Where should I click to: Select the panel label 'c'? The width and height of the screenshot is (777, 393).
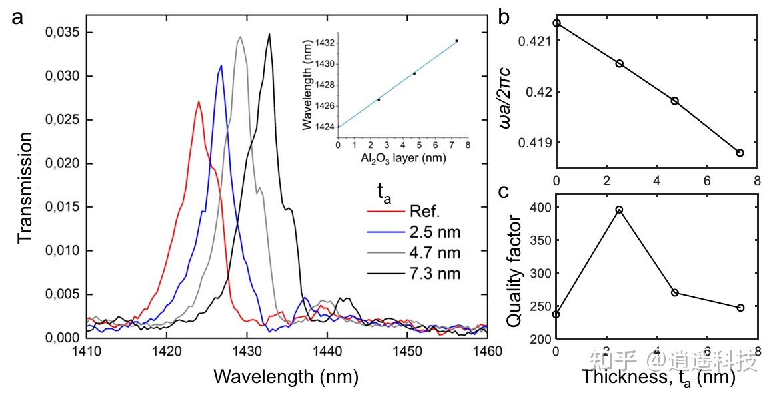[505, 191]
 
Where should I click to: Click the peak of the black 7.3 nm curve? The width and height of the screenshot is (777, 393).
[269, 33]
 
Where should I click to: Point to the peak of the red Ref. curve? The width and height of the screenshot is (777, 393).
[199, 101]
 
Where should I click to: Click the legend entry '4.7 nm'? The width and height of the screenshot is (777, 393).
[436, 253]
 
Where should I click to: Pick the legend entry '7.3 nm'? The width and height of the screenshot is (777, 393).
[436, 274]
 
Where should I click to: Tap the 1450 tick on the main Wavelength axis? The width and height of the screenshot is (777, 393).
[407, 352]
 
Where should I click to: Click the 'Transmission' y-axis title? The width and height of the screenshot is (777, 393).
[25, 189]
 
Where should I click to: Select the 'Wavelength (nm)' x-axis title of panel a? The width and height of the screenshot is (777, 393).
[286, 376]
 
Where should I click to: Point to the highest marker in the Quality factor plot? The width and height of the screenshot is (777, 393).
[620, 210]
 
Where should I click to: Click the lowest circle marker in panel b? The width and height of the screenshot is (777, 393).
[740, 153]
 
